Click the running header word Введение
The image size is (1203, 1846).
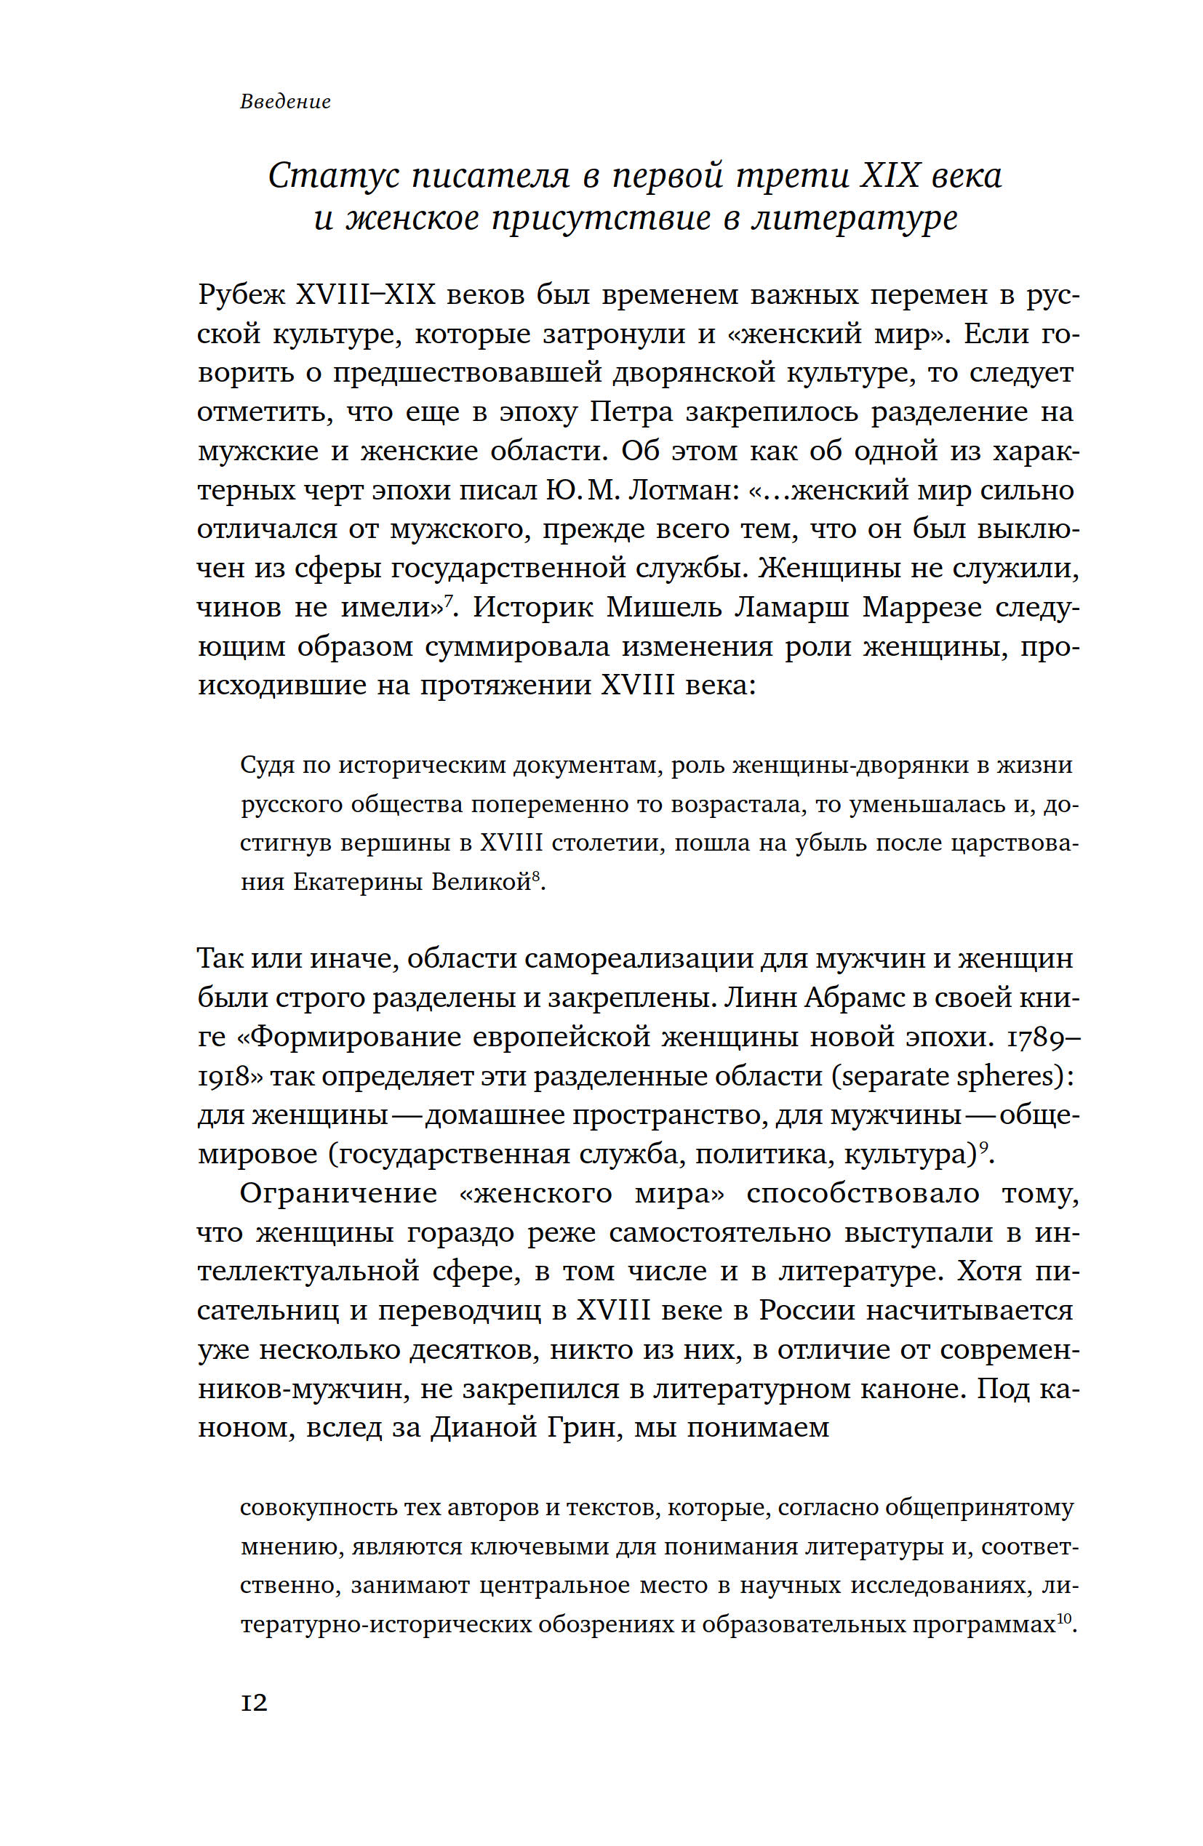coord(285,102)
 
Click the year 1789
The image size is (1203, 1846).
coord(1042,1037)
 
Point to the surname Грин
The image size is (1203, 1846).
coord(581,1428)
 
